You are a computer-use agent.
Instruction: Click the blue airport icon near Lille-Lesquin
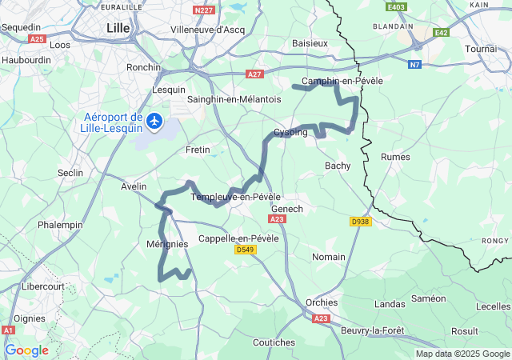154,122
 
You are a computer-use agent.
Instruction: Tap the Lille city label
118,28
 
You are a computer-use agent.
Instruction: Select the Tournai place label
481,49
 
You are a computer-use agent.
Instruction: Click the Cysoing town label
290,132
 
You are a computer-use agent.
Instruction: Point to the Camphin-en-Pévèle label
342,81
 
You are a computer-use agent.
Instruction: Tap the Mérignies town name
167,244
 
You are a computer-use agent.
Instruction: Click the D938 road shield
361,222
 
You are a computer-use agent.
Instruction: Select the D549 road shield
245,250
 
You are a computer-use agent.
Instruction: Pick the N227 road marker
204,10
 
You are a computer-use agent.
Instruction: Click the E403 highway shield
395,7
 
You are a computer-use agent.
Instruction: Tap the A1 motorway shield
8,330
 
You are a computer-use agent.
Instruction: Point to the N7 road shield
414,64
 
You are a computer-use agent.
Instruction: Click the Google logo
26,350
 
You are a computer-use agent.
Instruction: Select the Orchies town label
322,302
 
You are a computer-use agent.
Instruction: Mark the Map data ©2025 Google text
462,354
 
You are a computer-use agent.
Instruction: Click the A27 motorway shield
254,74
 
